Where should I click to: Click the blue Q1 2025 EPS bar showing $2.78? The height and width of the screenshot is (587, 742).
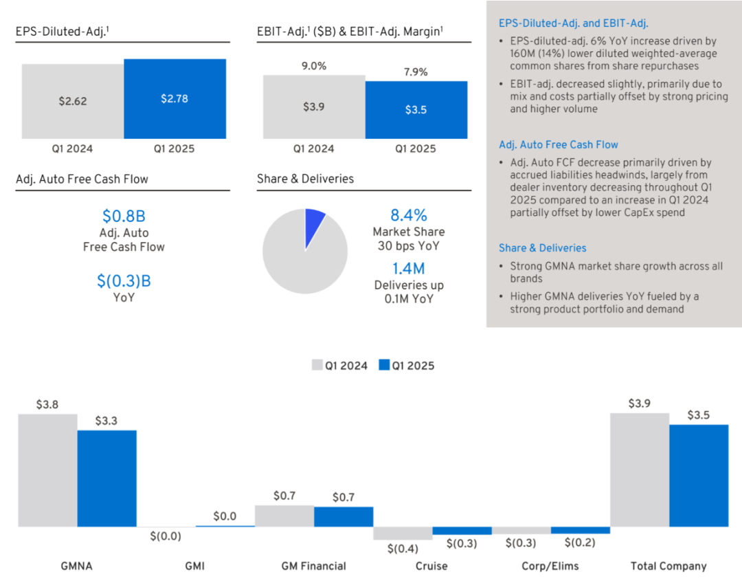(x=175, y=99)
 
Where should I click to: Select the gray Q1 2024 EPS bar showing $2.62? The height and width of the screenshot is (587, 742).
(x=73, y=101)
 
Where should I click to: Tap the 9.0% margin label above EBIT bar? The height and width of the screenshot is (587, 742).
(x=314, y=66)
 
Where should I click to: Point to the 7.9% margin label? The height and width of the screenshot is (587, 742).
(x=415, y=71)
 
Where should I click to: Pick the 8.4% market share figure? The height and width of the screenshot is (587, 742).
(x=408, y=214)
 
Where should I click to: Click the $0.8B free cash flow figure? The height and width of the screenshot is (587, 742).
(x=124, y=216)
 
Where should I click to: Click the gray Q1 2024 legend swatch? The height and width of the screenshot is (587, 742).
(x=317, y=365)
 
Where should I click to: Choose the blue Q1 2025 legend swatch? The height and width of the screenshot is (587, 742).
(x=384, y=365)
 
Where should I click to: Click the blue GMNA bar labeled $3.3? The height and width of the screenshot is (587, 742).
(x=106, y=478)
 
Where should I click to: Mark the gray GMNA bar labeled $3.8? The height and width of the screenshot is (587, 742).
(x=47, y=470)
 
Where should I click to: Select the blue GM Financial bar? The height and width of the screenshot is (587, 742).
(x=344, y=516)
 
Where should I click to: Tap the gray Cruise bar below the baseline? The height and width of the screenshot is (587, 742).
(x=403, y=533)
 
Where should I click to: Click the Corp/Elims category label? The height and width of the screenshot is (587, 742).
(x=550, y=566)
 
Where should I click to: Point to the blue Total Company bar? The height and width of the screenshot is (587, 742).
(x=698, y=475)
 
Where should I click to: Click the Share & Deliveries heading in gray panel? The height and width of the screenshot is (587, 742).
(x=543, y=247)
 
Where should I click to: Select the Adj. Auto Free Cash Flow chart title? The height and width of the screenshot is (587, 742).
(x=82, y=179)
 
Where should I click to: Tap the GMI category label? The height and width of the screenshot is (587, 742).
(x=195, y=566)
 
